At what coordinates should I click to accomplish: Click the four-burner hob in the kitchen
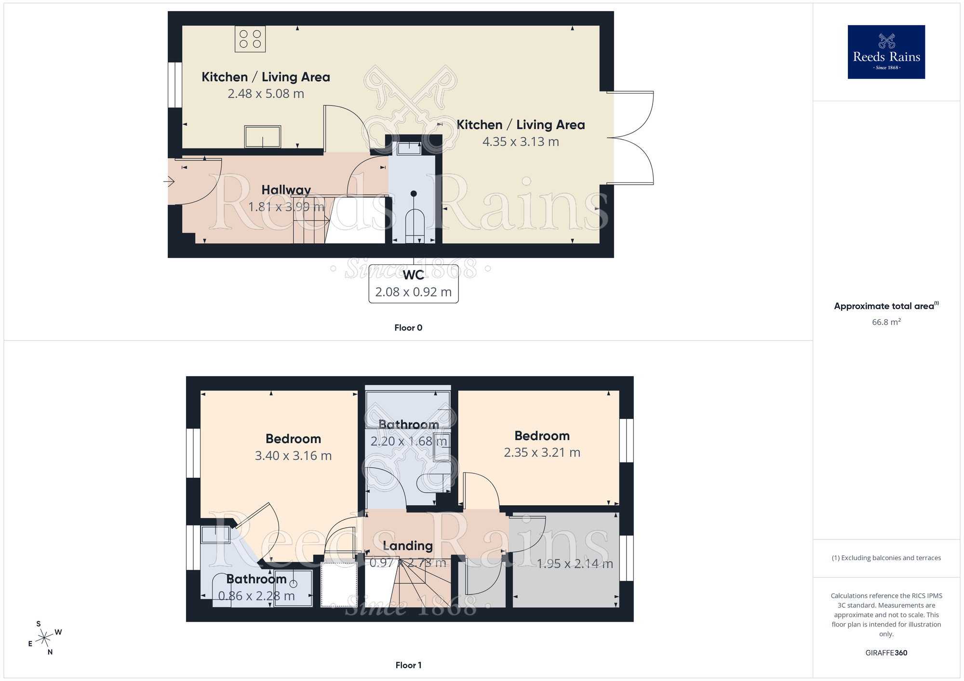250,39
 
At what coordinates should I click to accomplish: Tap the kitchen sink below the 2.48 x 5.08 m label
263,137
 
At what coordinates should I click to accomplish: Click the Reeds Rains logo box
886,52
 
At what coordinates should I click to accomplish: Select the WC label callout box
414,284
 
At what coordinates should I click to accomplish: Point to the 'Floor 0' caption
408,328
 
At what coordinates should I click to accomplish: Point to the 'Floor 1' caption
408,665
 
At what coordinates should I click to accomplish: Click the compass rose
45,638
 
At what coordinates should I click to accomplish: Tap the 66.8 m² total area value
886,322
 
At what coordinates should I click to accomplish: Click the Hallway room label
286,190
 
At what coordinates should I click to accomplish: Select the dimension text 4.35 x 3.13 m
521,142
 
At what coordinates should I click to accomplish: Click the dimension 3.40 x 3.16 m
293,456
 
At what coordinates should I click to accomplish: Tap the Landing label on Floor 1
408,546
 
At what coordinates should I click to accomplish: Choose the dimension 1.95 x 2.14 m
575,563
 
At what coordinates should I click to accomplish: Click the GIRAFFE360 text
886,653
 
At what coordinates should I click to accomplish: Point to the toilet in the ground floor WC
414,224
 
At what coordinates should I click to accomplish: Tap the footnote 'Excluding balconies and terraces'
886,558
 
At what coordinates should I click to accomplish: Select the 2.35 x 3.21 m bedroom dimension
542,453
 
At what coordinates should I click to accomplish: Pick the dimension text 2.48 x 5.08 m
266,94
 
